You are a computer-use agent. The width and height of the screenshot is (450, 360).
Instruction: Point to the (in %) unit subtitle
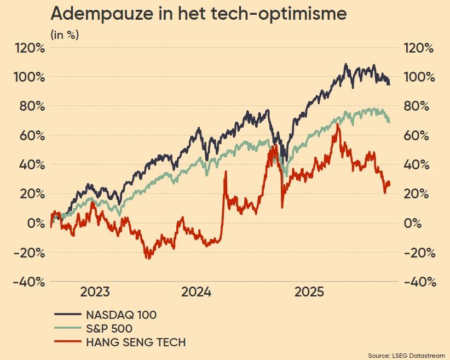pos(65,35)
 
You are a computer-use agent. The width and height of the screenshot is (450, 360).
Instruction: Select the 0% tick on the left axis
pos(34,223)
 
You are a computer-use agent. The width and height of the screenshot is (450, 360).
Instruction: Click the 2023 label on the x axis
pos(95,292)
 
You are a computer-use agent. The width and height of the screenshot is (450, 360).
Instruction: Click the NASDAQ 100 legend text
pos(122,315)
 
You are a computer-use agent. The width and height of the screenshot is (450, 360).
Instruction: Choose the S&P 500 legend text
pos(109,329)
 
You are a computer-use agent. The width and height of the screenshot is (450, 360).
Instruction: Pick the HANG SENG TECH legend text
pos(136,343)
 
